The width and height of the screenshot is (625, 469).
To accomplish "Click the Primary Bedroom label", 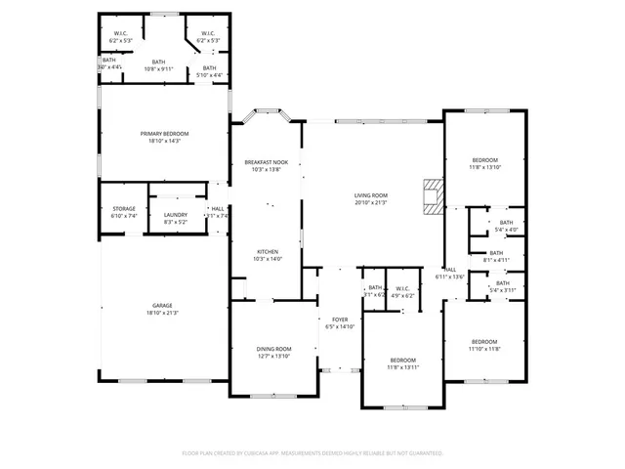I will click(x=164, y=134).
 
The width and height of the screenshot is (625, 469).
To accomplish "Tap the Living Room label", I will click(x=371, y=195).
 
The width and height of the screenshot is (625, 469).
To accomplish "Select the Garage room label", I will click(x=162, y=306).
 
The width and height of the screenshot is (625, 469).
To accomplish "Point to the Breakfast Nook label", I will click(x=267, y=162).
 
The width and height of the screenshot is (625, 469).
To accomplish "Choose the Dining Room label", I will click(x=273, y=349).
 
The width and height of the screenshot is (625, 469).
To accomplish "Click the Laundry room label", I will click(x=176, y=215).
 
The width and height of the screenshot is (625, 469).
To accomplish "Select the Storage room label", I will click(x=123, y=208).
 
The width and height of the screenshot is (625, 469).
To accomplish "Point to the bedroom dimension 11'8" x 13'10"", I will click(x=485, y=167).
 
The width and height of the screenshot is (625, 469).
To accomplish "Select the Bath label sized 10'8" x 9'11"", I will click(x=158, y=69).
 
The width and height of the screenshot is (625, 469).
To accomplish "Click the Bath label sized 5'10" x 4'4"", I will click(x=209, y=75).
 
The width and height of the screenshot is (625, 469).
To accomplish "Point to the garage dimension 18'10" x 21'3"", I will click(x=162, y=313).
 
